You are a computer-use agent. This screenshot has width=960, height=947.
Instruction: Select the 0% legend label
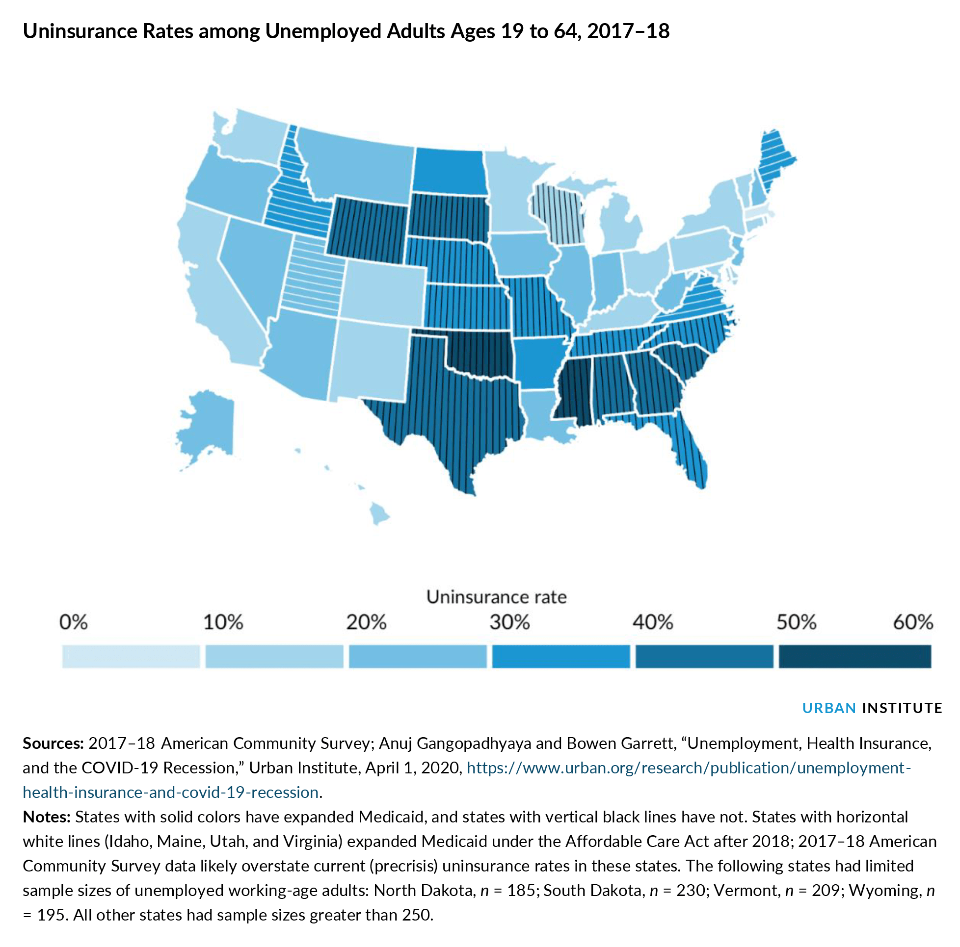[73, 622]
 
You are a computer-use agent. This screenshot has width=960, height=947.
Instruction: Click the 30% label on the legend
[510, 622]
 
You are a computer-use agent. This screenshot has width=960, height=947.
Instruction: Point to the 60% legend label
[913, 622]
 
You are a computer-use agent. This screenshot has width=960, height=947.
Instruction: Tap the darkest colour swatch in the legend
[854, 657]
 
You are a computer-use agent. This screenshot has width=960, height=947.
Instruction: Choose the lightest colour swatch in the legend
[131, 657]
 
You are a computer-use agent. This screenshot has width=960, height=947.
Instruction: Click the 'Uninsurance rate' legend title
[496, 597]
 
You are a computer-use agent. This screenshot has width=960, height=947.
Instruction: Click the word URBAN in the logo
[829, 708]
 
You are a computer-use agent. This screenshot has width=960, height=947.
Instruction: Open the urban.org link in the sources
[689, 768]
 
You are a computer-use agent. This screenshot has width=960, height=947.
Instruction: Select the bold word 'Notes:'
[47, 817]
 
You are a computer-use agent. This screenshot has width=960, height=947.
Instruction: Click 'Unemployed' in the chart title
[323, 31]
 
